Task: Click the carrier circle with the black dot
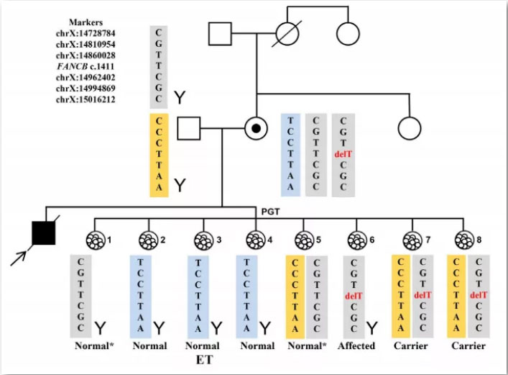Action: (257, 129)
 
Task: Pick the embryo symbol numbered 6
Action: (355, 239)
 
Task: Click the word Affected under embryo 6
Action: (356, 345)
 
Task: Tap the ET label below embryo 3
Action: (203, 359)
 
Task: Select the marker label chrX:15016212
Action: (85, 99)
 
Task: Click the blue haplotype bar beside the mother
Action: (290, 154)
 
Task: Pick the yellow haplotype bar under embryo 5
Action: (295, 295)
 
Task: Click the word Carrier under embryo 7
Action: (410, 345)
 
